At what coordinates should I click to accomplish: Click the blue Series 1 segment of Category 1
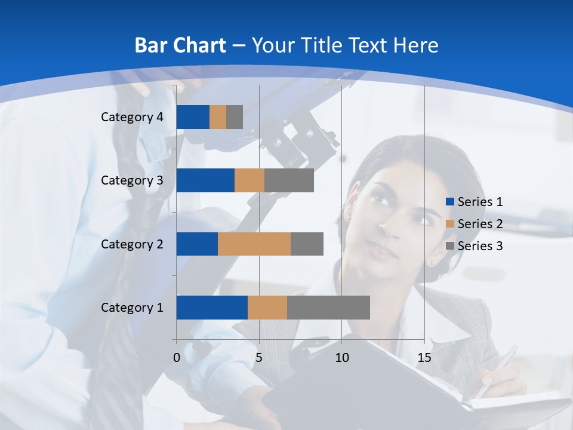pos(211,308)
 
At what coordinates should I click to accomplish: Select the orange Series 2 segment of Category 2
pos(254,244)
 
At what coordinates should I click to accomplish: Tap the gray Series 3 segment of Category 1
pos(328,308)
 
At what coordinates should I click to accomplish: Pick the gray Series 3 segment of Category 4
pos(235,117)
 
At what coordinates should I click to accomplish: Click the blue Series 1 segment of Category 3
pos(205,180)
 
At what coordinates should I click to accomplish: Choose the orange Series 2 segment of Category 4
pos(218,117)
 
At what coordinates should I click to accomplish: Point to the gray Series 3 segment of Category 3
pos(289,180)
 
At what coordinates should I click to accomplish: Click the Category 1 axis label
pos(132,308)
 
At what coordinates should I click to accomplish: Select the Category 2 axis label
pos(132,244)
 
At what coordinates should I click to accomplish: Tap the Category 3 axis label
pos(132,180)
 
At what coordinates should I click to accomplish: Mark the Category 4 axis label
pos(132,117)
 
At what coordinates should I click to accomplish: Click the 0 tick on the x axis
pos(176,358)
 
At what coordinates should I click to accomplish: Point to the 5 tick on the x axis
pos(259,358)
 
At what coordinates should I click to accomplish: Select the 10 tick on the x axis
pos(341,358)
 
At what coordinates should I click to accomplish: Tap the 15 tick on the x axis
pos(424,358)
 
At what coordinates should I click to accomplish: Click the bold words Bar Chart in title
pos(180,45)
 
